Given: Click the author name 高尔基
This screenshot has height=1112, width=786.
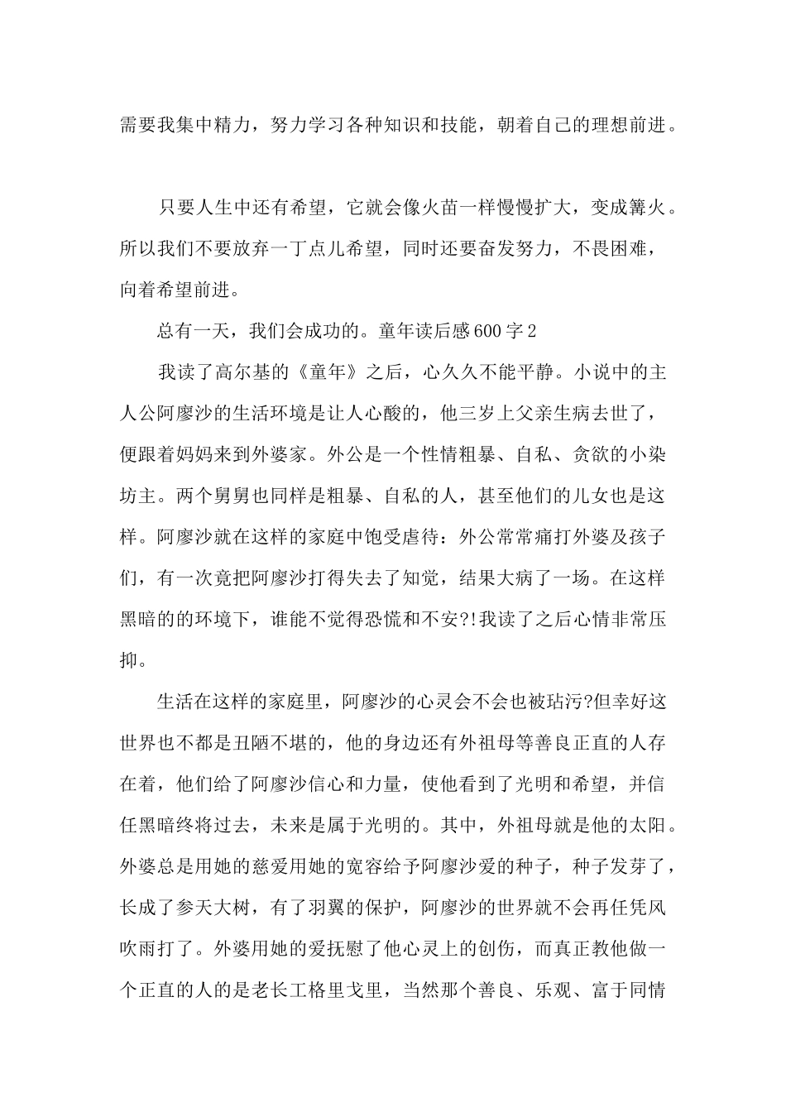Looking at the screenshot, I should point(244,372).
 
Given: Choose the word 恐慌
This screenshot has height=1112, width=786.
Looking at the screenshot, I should point(377,619).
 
